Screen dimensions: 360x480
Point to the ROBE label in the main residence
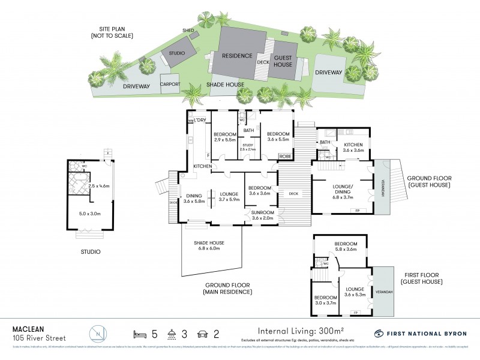286,157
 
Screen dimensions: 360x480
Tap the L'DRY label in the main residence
200,121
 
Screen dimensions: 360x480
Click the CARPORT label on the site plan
170,85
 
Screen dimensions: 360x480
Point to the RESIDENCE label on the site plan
236,55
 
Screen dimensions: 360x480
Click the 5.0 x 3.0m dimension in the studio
90,212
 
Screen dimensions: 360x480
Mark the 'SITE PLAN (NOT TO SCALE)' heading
113,32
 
